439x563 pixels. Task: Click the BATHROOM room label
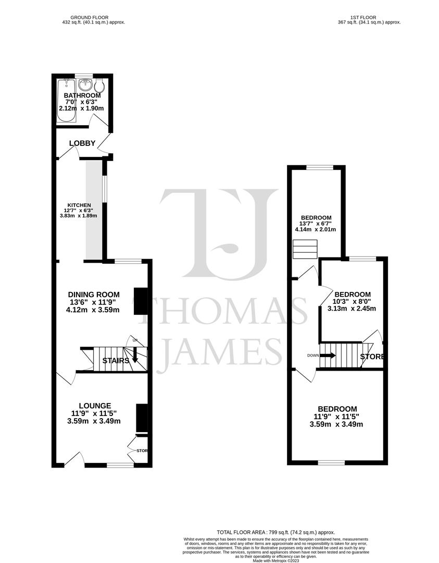click(x=82, y=96)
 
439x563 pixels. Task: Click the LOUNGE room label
click(x=95, y=406)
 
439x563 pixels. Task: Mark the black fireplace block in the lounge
click(x=141, y=418)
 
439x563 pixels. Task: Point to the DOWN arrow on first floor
click(x=328, y=356)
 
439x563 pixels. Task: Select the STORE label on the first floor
click(x=372, y=357)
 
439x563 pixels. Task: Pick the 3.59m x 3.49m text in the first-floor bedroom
click(x=338, y=424)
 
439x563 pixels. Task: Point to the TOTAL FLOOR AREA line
click(x=277, y=532)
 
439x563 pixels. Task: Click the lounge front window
click(x=120, y=464)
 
